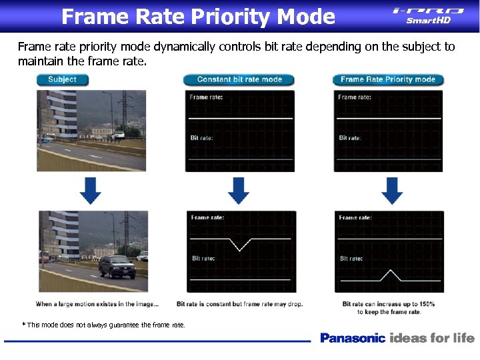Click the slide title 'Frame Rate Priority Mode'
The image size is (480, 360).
coord(198,16)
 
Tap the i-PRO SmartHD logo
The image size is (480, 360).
coord(428,15)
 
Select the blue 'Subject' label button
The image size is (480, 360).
coord(62,79)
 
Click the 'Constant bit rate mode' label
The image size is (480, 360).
coord(239,79)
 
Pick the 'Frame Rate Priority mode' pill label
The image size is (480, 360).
coord(387,79)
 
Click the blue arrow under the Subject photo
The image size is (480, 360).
coord(91,191)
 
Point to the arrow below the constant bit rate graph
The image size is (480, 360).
coord(239,191)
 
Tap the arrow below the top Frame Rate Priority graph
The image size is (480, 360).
coord(391,191)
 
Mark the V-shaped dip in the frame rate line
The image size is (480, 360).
coord(240,245)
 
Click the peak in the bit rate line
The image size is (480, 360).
coord(390,272)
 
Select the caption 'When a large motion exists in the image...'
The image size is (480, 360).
coord(97,304)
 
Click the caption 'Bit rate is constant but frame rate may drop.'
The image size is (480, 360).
coord(239,304)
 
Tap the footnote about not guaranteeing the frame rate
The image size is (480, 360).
coord(105,325)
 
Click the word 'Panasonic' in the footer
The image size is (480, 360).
coord(353,338)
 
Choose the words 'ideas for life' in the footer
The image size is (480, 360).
coord(432,338)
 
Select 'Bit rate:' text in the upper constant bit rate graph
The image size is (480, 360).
coord(201,138)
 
